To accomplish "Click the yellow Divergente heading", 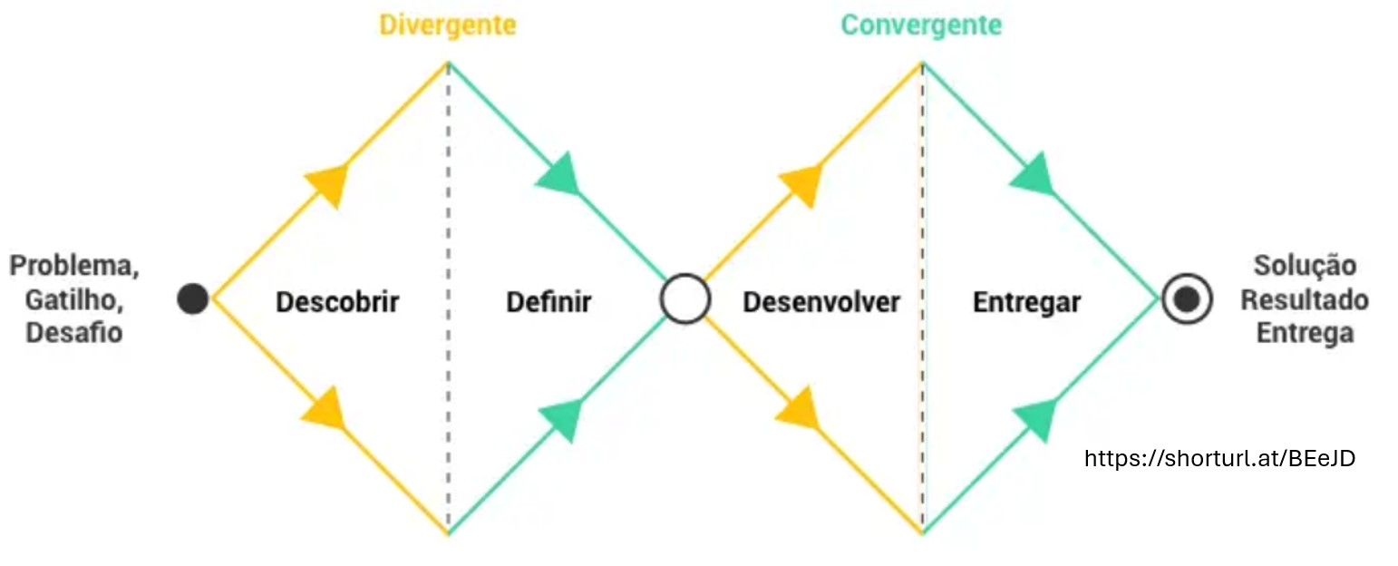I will (447, 24).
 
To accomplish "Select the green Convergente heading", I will (921, 24).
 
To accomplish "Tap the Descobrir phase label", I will (337, 301).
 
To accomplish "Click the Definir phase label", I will (549, 301).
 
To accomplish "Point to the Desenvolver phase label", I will (821, 301).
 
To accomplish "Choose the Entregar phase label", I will (1026, 301).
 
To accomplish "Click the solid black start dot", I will (192, 298).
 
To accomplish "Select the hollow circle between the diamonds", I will (684, 299).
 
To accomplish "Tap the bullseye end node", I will (1187, 299).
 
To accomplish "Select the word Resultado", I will (1305, 299).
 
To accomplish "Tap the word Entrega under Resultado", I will (1305, 333).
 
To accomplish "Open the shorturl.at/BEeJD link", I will (1219, 458).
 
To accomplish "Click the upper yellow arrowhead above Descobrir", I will (328, 184).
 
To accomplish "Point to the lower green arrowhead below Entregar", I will (1035, 418).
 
